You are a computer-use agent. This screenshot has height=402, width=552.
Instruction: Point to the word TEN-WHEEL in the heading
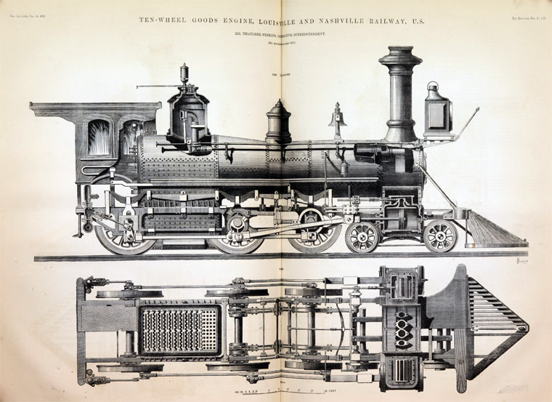[x=164, y=21]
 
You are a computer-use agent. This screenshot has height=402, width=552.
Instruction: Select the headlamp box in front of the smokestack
[x=438, y=113]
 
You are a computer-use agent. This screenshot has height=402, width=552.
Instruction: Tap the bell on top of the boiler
[x=337, y=116]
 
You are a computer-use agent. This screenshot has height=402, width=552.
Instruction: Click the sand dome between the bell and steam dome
[x=278, y=122]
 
